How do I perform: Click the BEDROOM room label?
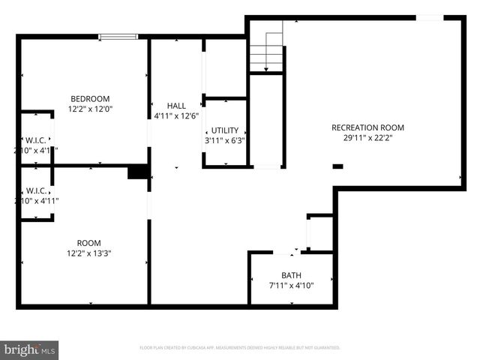coord(90,98)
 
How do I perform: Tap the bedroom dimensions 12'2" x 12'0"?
coord(90,109)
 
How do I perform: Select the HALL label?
coord(176,106)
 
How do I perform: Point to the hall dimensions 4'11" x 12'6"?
coord(176,116)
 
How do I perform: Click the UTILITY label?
coord(225,130)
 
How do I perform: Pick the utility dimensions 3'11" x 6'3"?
coord(225,140)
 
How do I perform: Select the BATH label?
coord(291,275)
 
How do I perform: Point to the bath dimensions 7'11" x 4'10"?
coord(291,286)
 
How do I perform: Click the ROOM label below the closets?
coord(89,242)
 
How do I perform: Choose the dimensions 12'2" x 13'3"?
coord(89,253)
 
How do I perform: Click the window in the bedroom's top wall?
coord(118,36)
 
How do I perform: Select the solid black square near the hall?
coord(137,172)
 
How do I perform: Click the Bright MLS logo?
coord(29,349)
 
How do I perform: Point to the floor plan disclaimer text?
coord(240,348)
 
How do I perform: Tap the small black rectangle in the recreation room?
coord(337,166)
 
